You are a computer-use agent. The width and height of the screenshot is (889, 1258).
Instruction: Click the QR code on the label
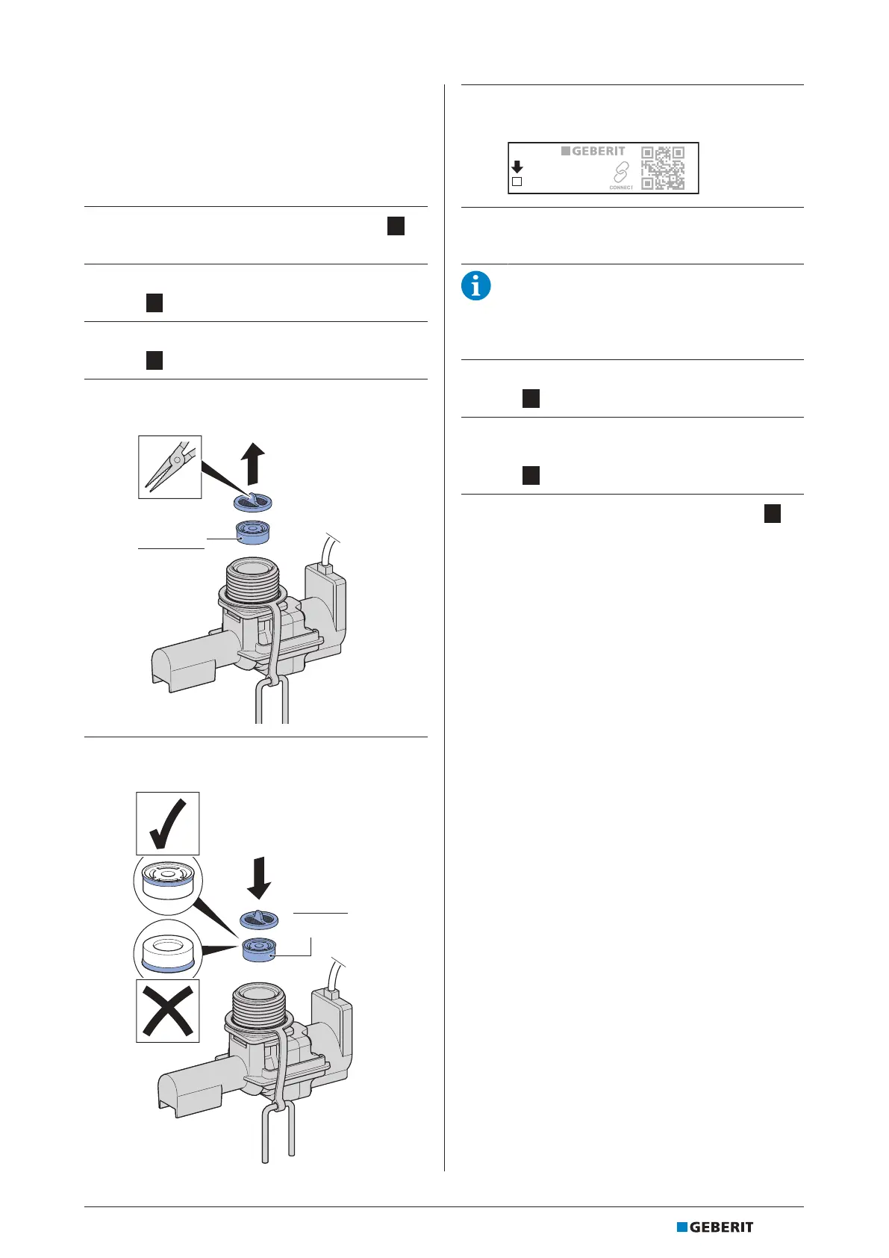(663, 167)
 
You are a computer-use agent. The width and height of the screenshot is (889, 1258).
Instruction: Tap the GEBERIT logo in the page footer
(715, 1227)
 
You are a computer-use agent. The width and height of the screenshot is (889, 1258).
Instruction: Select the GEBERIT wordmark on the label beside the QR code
(593, 151)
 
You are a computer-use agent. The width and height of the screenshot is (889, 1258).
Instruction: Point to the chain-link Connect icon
(620, 174)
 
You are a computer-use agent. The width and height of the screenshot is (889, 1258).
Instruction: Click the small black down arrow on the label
(517, 167)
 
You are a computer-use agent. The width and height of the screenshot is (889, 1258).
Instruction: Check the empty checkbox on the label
(517, 182)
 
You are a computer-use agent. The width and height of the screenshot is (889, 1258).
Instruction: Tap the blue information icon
(476, 286)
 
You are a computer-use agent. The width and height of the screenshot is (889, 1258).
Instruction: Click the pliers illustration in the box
(170, 467)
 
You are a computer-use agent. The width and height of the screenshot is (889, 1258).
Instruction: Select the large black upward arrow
(255, 463)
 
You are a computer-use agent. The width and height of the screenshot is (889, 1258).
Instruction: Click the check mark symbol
(168, 823)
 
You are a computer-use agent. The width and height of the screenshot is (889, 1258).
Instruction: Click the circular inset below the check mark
(167, 884)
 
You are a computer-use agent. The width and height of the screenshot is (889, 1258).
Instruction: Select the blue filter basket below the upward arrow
(252, 502)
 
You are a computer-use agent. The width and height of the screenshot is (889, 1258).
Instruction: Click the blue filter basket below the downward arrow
(259, 919)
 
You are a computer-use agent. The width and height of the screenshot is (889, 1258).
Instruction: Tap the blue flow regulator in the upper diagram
(252, 532)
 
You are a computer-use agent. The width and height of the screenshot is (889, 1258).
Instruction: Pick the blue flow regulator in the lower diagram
(259, 949)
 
